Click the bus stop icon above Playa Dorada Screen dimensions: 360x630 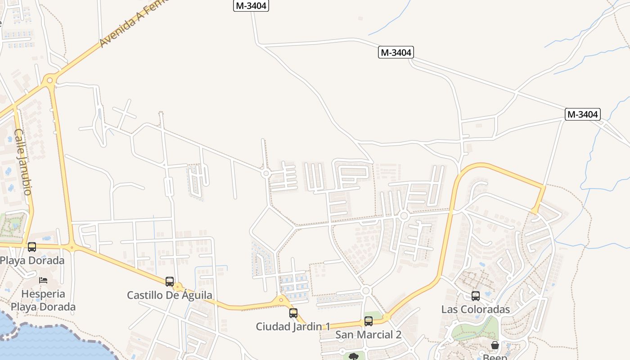[x=32, y=247]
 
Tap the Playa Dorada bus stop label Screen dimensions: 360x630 [x=32, y=261]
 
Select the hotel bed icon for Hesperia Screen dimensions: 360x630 [x=43, y=280]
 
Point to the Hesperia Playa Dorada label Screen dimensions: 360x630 [x=43, y=300]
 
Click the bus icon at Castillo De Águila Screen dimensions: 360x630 [x=170, y=282]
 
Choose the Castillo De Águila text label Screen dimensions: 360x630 [x=170, y=296]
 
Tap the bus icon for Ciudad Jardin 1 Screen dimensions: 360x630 [x=293, y=313]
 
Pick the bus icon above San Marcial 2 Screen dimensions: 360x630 [x=369, y=321]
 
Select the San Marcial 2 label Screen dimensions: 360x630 [x=369, y=335]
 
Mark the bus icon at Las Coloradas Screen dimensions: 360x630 [x=476, y=296]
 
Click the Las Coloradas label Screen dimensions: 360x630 [x=476, y=310]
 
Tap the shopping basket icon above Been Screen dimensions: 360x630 [x=495, y=345]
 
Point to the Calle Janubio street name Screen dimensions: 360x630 [x=22, y=162]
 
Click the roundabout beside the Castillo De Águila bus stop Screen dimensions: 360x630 [x=178, y=287]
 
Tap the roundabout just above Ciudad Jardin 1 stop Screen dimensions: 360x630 [x=281, y=300]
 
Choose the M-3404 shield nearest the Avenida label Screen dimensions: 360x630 [x=251, y=6]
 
